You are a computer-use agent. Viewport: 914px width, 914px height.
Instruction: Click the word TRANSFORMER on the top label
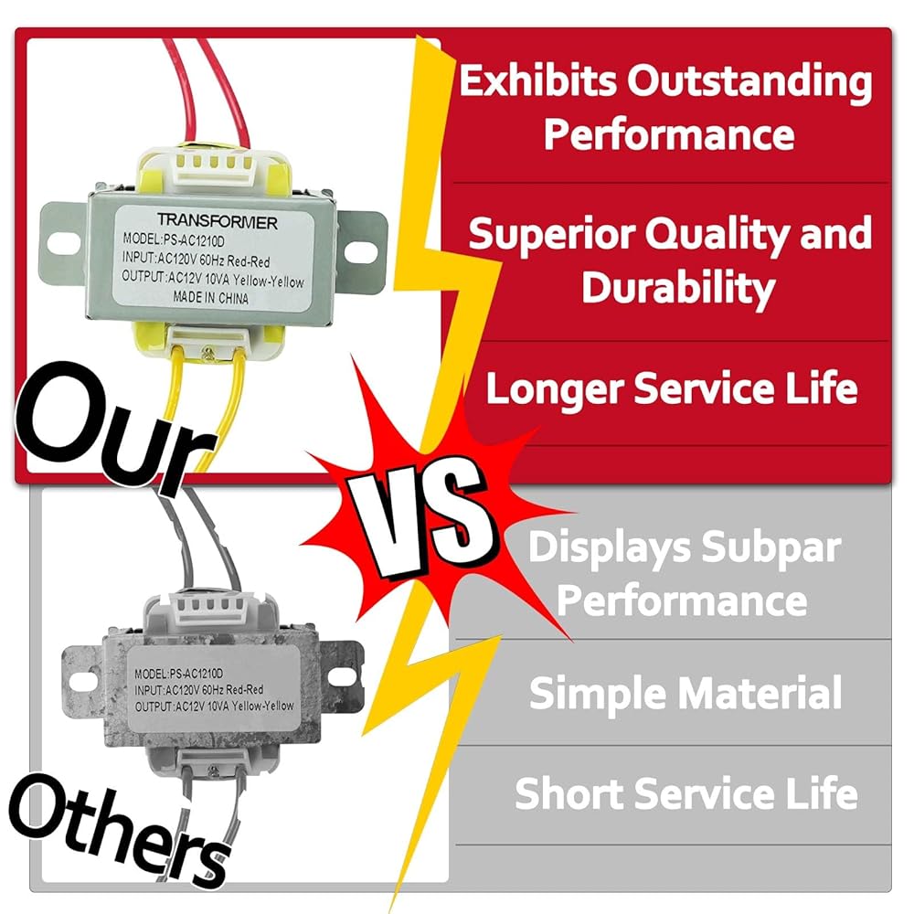(217, 221)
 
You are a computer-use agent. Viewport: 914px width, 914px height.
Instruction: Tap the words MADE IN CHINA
(210, 297)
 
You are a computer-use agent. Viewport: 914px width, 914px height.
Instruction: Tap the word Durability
(678, 286)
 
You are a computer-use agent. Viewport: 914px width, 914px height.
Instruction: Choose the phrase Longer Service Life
(672, 388)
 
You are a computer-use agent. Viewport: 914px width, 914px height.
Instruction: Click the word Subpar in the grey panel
(771, 548)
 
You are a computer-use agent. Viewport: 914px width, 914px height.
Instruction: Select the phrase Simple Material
(685, 693)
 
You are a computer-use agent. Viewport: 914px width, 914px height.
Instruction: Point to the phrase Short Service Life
(686, 792)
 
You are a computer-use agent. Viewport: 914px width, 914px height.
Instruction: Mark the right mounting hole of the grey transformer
(338, 675)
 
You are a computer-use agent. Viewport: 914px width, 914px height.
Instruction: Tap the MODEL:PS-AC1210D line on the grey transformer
(178, 674)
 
